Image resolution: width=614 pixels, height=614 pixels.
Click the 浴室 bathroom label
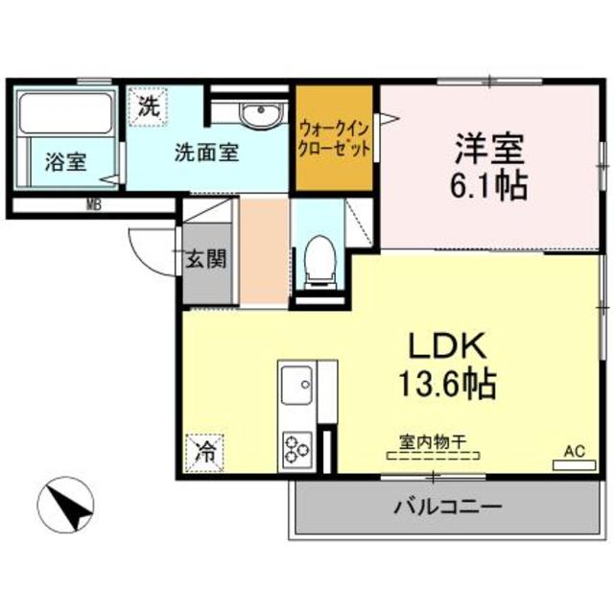pos(65,162)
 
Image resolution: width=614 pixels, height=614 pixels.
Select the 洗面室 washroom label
pos(205,152)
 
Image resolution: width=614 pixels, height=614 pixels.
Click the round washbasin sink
pos(257,116)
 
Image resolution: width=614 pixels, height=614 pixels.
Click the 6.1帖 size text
pos(489,184)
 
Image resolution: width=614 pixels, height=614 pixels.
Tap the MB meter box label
pos(95,204)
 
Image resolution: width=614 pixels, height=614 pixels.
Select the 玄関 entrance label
pos(206,259)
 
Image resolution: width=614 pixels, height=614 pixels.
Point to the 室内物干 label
pos(433,442)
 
